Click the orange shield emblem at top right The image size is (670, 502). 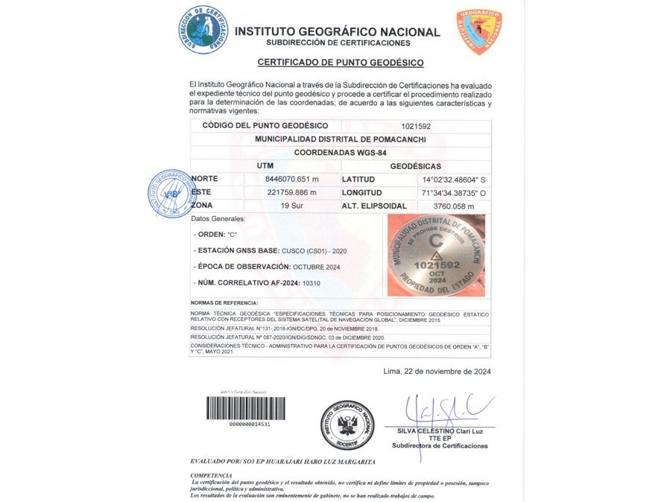(x=478, y=31)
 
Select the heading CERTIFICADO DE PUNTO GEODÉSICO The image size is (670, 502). (x=341, y=63)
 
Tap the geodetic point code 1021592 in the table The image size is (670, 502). (x=416, y=126)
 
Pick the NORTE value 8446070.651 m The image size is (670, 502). (x=291, y=179)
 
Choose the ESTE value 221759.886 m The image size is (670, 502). (x=291, y=192)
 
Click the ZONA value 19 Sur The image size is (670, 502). (x=291, y=205)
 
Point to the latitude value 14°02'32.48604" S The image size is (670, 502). (x=454, y=179)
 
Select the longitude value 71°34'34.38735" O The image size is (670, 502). (x=454, y=192)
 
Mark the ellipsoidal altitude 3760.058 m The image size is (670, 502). (x=454, y=206)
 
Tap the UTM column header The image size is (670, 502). (x=265, y=166)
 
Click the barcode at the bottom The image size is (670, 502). (x=245, y=408)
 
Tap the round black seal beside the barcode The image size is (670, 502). (x=347, y=425)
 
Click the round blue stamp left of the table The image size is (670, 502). (x=171, y=193)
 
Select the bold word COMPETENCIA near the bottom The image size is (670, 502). (x=212, y=475)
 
